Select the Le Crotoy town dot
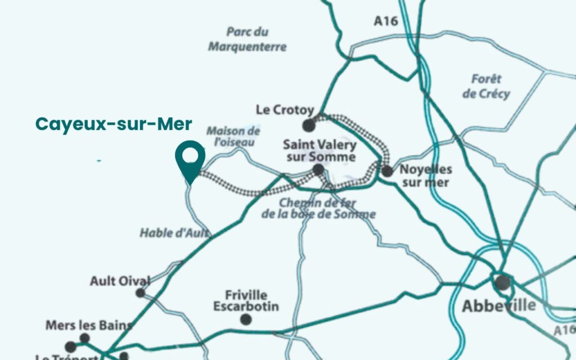(x=308, y=125)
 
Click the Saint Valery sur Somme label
(x=320, y=151)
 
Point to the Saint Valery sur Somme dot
(x=318, y=169)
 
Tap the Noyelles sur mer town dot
(x=387, y=171)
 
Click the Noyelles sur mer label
(x=425, y=175)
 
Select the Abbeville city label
(x=498, y=306)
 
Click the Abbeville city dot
(x=502, y=282)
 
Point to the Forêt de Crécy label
(x=487, y=86)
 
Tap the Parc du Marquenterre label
(x=247, y=39)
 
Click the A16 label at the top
(x=386, y=21)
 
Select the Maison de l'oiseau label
(x=233, y=137)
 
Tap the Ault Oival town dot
(x=140, y=292)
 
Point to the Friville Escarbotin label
(x=246, y=301)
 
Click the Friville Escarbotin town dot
(x=246, y=319)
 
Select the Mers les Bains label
(x=89, y=325)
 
